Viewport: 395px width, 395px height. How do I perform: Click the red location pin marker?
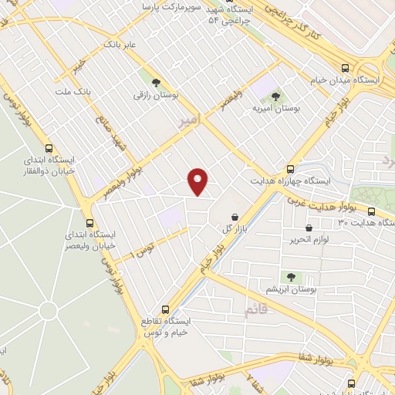click(198, 181)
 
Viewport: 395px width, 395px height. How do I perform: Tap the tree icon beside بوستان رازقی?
click(157, 82)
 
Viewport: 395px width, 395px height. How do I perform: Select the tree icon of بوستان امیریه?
click(275, 96)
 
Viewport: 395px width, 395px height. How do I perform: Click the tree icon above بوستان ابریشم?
click(291, 276)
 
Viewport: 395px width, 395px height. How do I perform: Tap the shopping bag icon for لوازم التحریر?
click(309, 228)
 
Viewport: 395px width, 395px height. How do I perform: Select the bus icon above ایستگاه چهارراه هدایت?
click(291, 168)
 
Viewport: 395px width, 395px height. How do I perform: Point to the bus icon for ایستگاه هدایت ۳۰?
click(371, 211)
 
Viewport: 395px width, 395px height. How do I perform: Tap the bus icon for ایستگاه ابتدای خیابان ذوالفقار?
click(50, 148)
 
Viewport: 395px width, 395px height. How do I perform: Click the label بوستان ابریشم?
click(290, 289)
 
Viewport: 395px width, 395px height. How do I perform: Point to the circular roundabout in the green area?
click(48, 311)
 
